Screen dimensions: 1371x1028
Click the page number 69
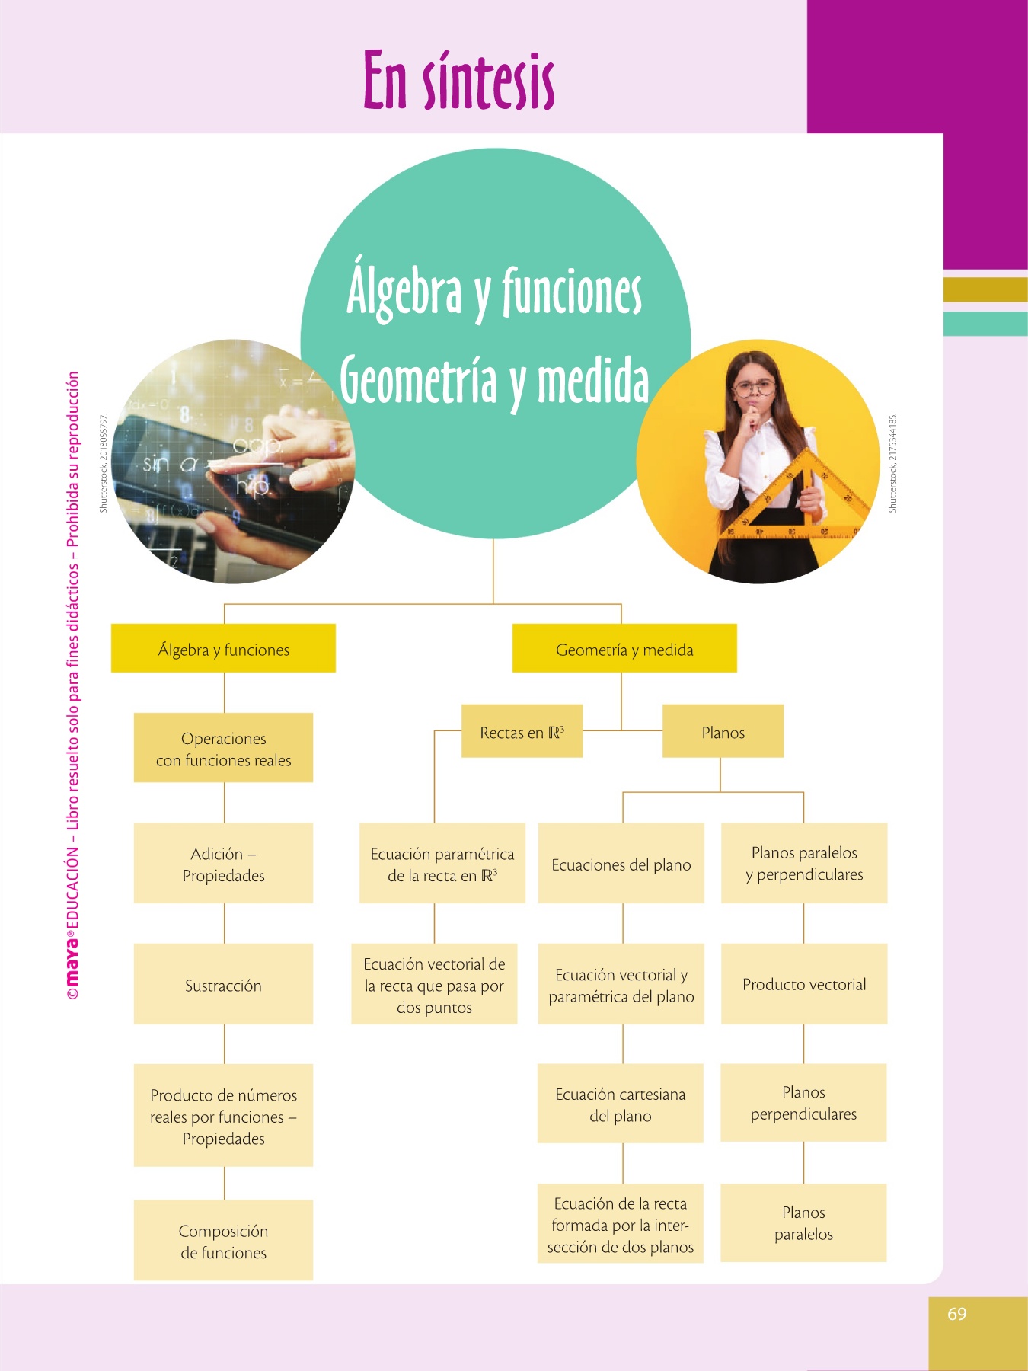point(957,1314)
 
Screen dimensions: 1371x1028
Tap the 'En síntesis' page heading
point(458,81)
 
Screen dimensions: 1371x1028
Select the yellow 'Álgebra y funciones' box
point(223,649)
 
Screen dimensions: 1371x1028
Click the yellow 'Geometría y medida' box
point(624,649)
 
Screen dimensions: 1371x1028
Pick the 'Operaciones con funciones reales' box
point(223,749)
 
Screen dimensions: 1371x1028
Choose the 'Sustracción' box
point(223,985)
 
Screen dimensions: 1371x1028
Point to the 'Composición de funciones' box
point(223,1241)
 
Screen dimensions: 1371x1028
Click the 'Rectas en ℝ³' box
point(522,732)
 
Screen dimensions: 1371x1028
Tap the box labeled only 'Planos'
point(723,732)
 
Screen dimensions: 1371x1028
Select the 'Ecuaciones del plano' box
point(621,864)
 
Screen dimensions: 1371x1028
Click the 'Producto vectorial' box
point(804,984)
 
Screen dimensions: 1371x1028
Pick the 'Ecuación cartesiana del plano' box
point(620,1104)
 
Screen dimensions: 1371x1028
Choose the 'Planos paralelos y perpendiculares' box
point(804,863)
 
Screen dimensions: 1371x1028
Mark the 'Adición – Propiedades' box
point(223,864)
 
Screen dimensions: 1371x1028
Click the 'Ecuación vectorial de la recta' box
point(434,985)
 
